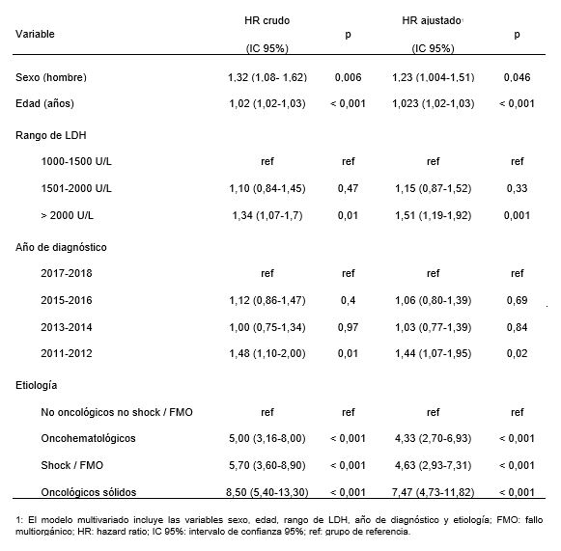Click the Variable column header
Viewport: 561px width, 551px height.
pos(35,34)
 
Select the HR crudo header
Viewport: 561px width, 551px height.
pos(267,20)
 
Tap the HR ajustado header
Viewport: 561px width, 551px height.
pos(432,20)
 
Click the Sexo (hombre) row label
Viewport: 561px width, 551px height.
pos(51,77)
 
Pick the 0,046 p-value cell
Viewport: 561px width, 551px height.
pos(517,77)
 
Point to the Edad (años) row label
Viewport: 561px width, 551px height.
pos(44,103)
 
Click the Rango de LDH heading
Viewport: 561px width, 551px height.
pos(51,135)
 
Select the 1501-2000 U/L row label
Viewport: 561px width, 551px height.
pos(76,188)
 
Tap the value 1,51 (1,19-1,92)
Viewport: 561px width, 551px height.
pos(434,215)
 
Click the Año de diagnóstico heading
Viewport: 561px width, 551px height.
pos(61,247)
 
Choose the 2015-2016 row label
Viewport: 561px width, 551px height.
pos(67,300)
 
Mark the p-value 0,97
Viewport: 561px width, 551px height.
pos(349,327)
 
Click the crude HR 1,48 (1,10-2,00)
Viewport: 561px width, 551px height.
pos(267,353)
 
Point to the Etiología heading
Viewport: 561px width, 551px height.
pos(36,385)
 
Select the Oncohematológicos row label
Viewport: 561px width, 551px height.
pos(88,438)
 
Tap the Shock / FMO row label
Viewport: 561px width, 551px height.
pos(71,465)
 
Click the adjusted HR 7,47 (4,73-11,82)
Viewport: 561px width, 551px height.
pos(434,492)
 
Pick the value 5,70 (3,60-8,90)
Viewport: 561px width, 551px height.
pos(267,465)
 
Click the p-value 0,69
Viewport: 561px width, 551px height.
pos(517,300)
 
